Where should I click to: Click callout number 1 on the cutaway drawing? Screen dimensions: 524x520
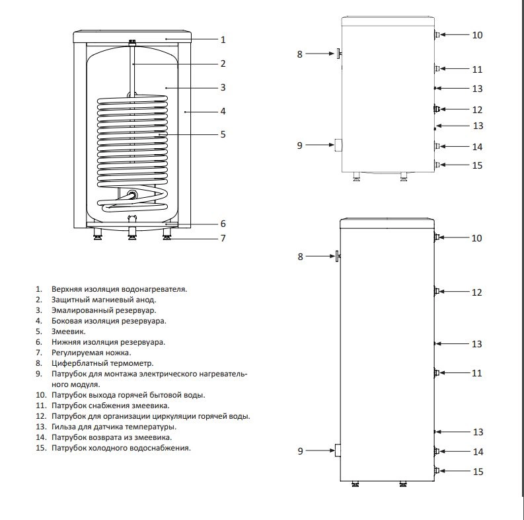(x=223, y=40)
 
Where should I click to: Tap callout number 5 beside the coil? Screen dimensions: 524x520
(x=223, y=134)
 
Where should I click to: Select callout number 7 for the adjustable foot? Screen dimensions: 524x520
(x=223, y=238)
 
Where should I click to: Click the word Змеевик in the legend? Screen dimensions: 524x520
(x=69, y=331)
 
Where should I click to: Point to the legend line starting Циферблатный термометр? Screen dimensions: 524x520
(x=102, y=363)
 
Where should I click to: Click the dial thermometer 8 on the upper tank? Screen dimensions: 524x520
(x=338, y=54)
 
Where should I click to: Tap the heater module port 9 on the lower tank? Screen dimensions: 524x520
(x=338, y=451)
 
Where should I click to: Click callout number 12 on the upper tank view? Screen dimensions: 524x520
(x=477, y=110)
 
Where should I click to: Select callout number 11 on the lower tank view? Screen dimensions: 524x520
(x=476, y=373)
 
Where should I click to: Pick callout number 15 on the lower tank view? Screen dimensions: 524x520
(x=478, y=472)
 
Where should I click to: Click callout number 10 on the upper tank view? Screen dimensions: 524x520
(x=477, y=35)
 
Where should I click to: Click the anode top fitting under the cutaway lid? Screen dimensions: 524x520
(x=133, y=42)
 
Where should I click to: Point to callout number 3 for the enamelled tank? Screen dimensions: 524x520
(x=223, y=88)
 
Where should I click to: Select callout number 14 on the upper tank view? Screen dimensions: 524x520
(x=477, y=147)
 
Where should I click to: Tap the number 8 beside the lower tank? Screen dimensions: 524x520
(x=300, y=257)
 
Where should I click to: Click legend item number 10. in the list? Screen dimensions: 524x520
(x=41, y=395)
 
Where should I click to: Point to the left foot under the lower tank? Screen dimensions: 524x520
(x=356, y=484)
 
